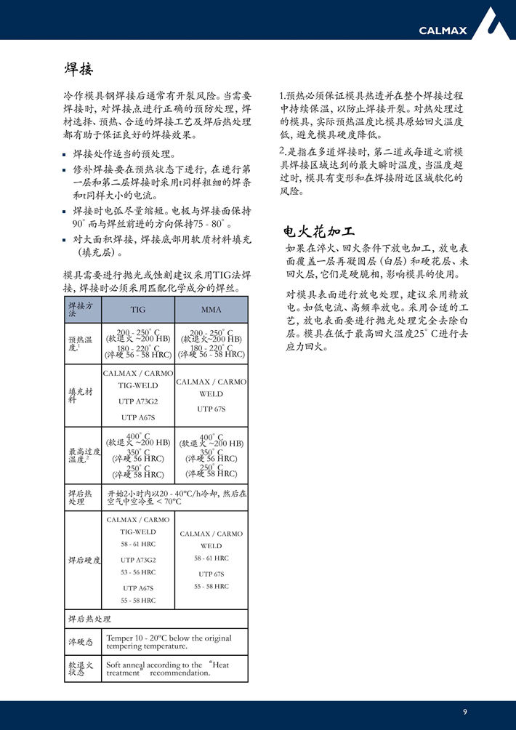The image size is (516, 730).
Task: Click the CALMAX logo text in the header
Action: [x=443, y=30]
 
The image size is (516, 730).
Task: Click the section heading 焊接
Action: [x=78, y=69]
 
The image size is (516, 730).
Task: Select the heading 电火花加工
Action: [x=319, y=232]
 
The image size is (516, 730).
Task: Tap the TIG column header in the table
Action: [x=137, y=309]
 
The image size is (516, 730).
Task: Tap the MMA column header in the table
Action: [x=211, y=309]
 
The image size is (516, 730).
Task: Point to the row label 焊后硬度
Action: [x=84, y=560]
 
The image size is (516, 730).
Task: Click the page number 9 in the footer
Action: [x=465, y=711]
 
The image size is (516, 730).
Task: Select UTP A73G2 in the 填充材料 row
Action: [x=138, y=401]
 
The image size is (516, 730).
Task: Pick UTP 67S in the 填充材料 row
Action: [x=211, y=409]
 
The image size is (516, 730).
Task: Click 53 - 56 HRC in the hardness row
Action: [x=138, y=572]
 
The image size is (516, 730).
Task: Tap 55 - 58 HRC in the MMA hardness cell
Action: [x=211, y=586]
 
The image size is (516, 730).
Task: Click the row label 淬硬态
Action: [x=81, y=642]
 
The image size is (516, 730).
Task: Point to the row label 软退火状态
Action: [x=81, y=668]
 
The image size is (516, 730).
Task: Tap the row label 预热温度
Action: [x=80, y=343]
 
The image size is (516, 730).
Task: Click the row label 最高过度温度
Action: [x=81, y=455]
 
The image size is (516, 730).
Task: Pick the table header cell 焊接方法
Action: [x=81, y=310]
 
